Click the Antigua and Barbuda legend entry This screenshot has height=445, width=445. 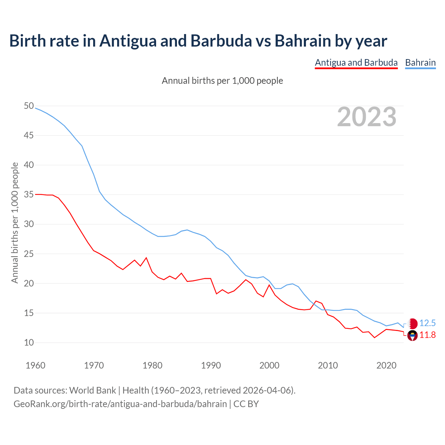click(356, 63)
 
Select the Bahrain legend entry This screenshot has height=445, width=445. click(420, 63)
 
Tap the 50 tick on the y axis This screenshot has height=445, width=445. click(29, 106)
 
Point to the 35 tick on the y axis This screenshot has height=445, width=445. click(29, 194)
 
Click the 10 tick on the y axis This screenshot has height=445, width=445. click(29, 342)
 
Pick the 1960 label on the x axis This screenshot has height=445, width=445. click(35, 365)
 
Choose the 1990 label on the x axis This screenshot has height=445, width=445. click(211, 365)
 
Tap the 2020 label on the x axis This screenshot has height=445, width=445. click(386, 365)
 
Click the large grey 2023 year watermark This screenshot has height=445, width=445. click(367, 117)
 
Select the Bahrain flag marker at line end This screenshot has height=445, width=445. click(412, 324)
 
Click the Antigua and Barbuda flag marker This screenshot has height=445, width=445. click(412, 336)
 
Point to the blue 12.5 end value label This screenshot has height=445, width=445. click(427, 323)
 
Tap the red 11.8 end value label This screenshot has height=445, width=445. click(427, 335)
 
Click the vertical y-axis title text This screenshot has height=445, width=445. click(15, 222)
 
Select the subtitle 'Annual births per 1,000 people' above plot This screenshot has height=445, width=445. click(222, 81)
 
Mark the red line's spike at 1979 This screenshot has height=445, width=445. click(146, 258)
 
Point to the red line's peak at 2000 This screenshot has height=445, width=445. click(269, 285)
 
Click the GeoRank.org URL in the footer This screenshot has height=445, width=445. click(120, 404)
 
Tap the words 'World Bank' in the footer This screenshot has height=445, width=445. click(92, 390)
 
